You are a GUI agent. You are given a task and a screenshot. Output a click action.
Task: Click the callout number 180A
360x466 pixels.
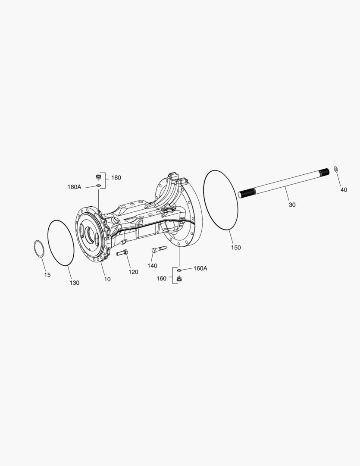74,187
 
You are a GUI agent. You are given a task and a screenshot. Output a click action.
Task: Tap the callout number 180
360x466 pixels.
116,177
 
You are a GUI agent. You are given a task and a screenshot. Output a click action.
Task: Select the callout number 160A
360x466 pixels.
200,268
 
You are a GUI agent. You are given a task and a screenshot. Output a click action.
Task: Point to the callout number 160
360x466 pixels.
161,278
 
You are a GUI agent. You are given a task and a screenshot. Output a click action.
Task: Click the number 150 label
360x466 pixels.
236,248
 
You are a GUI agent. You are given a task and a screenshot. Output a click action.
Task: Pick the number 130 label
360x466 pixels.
75,283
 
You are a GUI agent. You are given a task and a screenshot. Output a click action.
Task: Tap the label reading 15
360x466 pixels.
47,275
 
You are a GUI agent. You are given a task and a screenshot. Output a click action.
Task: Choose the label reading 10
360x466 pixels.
107,279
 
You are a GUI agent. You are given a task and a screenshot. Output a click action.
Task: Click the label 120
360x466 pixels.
133,272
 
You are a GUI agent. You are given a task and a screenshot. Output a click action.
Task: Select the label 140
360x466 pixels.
152,266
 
